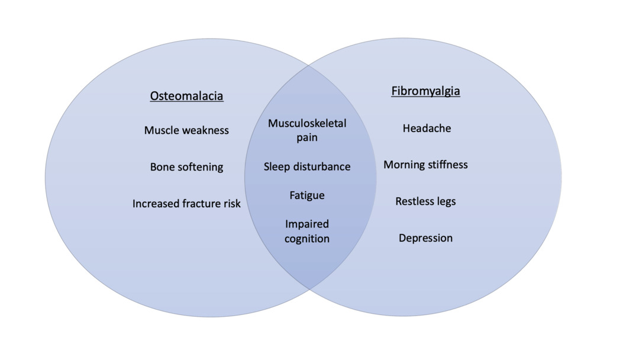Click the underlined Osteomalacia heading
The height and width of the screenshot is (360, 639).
(186, 96)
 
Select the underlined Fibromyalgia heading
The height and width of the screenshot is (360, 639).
(425, 91)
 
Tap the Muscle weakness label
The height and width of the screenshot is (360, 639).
(186, 130)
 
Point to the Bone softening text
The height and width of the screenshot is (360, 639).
(186, 167)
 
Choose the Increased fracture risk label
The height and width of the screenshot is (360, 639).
(186, 204)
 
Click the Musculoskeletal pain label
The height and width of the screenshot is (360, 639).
(307, 130)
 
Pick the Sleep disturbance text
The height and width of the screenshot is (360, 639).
(307, 167)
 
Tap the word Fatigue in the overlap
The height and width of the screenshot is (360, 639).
(307, 195)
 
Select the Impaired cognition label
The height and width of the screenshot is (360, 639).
(307, 231)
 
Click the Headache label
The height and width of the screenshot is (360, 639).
(427, 128)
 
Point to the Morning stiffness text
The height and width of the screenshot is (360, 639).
(425, 165)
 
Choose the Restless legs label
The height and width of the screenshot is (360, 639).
(425, 201)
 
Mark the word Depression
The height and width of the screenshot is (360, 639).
(425, 238)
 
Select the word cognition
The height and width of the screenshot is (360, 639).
(307, 239)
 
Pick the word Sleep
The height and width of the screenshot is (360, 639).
(276, 167)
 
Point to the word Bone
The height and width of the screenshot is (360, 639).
(162, 167)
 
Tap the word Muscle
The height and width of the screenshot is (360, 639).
(160, 130)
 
